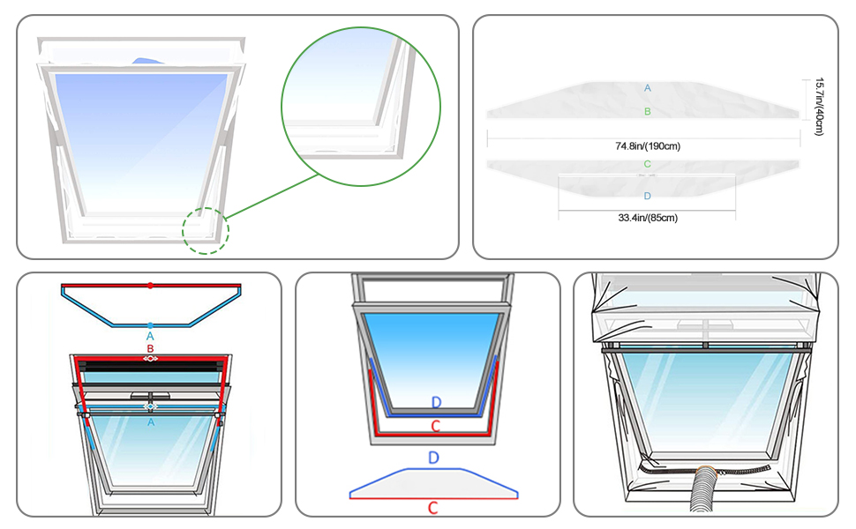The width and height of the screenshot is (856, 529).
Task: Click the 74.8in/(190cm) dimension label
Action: [648, 146]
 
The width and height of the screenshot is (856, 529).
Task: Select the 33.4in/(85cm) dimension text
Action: [648, 218]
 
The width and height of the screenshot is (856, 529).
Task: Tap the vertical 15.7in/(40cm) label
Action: [819, 107]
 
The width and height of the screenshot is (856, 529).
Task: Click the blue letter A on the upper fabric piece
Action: [648, 88]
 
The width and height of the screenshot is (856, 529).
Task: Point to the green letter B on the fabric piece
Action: [648, 111]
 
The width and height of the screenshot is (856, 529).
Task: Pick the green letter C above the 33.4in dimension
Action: [648, 164]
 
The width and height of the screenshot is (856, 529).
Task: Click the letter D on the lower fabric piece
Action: [648, 196]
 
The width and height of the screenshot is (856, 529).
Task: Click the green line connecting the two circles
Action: [273, 197]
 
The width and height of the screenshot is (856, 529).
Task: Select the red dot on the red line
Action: [150, 286]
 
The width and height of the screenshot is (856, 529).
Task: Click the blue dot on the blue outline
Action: [150, 325]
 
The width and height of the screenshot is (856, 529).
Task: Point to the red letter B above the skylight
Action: [150, 348]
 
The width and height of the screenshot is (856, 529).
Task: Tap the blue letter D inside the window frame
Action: [436, 403]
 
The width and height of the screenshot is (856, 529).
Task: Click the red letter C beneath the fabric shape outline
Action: [433, 508]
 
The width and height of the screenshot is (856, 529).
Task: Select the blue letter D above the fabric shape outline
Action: [433, 458]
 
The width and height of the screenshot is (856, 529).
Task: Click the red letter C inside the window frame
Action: [436, 427]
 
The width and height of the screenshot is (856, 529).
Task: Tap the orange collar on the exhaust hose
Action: [707, 470]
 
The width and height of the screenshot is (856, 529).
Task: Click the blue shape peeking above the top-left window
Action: [148, 61]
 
